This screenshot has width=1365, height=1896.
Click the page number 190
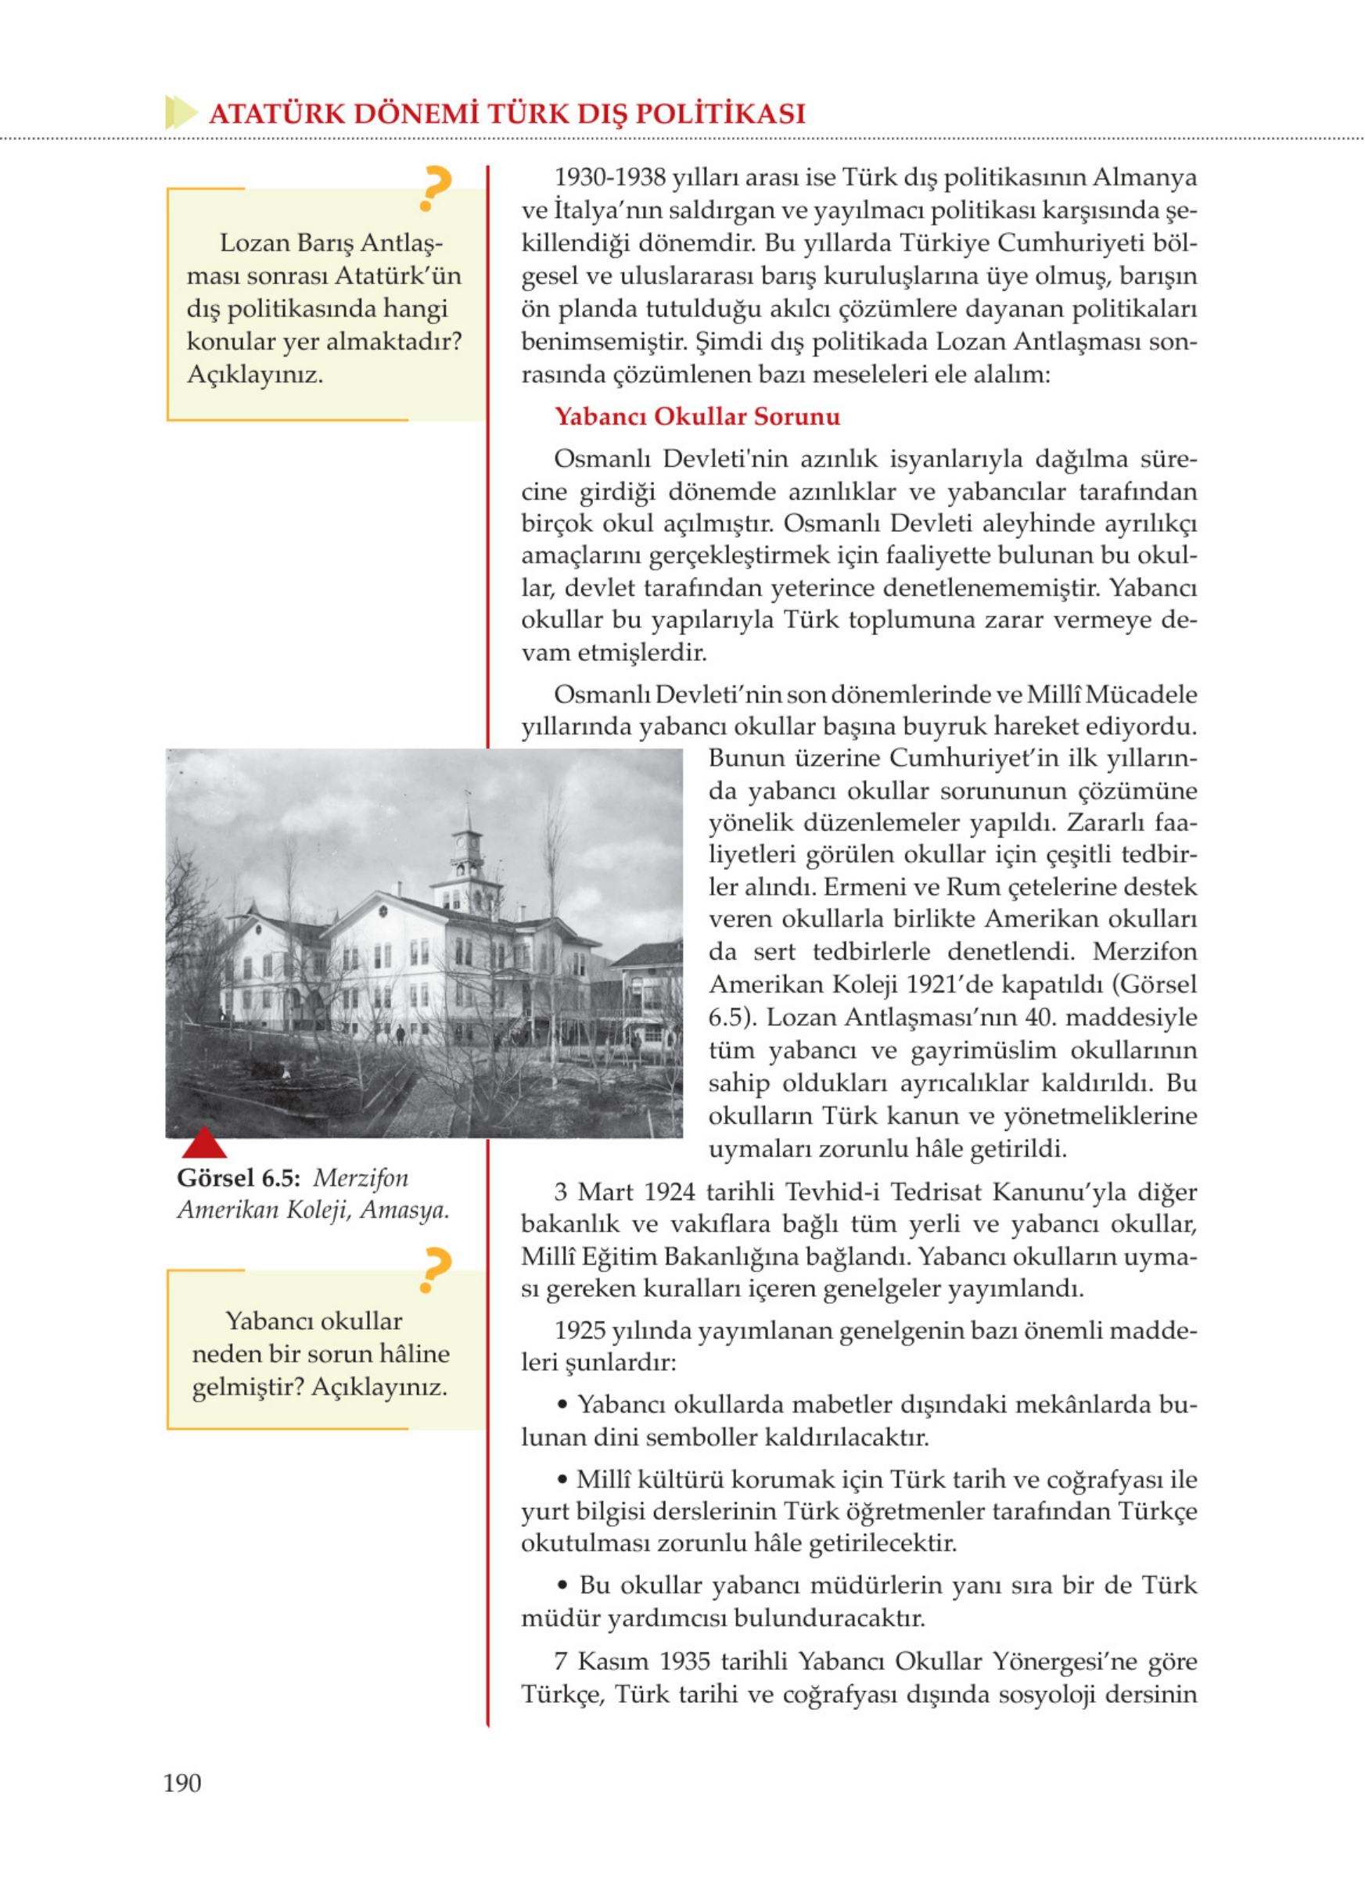pos(182,1783)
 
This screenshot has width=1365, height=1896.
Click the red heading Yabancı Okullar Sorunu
pos(696,416)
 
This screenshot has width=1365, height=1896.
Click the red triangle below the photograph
pos(204,1142)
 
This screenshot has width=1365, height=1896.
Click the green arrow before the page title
pos(181,113)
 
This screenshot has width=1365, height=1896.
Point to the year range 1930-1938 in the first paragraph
pos(610,178)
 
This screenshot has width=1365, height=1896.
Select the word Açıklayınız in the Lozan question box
pos(254,375)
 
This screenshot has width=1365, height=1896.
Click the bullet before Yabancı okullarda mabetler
pos(563,1406)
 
